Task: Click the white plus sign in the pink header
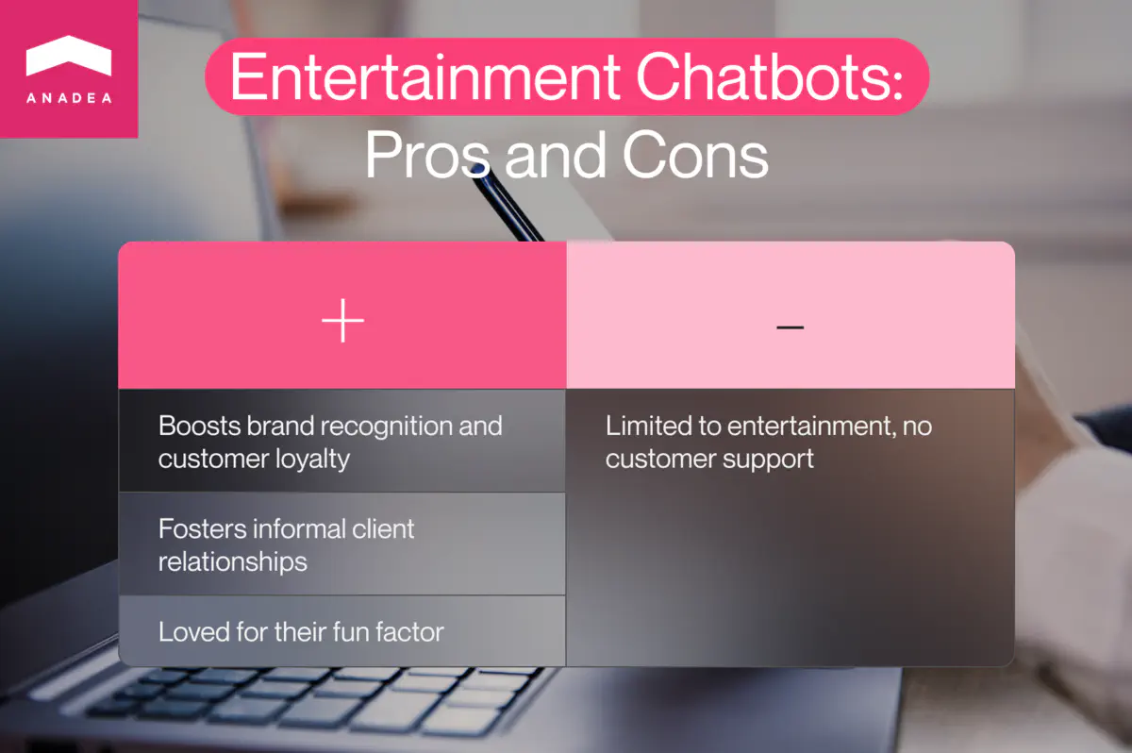[342, 324]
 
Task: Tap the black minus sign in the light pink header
[790, 326]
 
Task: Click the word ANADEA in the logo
[69, 98]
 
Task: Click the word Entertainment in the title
[424, 77]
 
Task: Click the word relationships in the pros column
[232, 562]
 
